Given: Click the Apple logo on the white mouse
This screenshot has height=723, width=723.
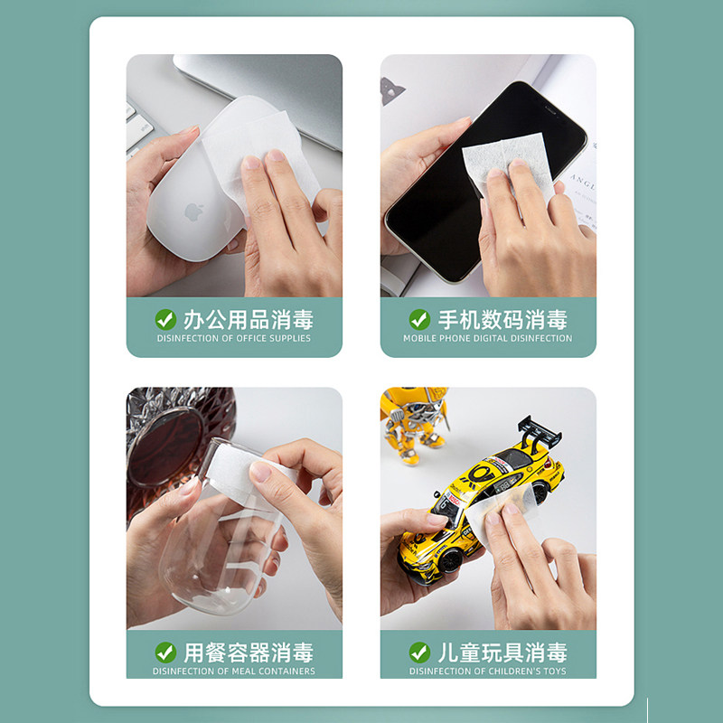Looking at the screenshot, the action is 194,211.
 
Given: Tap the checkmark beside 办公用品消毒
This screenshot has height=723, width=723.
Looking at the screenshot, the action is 165,320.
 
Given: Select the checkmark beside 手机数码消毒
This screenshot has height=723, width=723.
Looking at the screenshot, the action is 419,320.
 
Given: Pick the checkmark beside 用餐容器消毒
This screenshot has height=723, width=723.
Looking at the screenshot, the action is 165,653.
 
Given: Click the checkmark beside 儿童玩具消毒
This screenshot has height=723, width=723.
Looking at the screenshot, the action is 419,653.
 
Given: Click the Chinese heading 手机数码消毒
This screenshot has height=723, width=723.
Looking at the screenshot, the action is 502,320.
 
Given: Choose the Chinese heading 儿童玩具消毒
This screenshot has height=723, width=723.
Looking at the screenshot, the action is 502,653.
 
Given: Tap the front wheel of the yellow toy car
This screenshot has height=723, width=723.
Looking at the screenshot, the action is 449,560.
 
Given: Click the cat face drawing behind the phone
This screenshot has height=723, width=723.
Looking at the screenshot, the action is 391,89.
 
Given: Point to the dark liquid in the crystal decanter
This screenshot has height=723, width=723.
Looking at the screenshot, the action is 165,447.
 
